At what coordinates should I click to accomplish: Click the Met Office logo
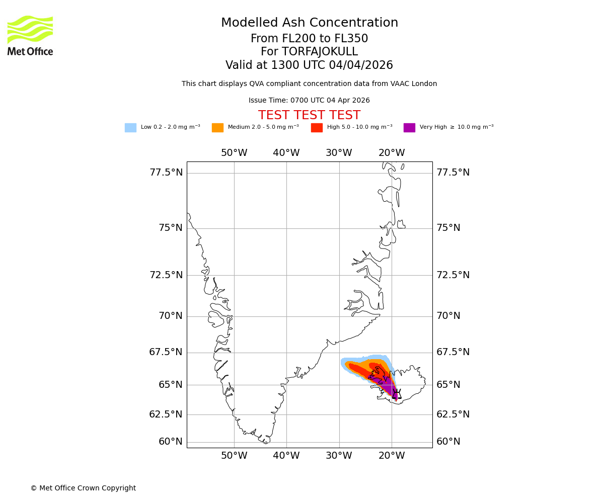pos(30,35)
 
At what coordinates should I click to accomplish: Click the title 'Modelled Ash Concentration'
pos(310,23)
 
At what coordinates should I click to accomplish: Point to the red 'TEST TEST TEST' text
pos(309,115)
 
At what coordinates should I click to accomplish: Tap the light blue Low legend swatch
pos(130,128)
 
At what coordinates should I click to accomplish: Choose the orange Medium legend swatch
pos(217,128)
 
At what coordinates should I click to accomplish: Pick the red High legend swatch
pos(317,128)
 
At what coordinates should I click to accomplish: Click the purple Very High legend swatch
pos(409,128)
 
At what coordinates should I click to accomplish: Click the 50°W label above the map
pos(234,153)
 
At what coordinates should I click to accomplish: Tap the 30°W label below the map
pos(339,456)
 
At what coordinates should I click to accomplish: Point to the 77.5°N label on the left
pos(166,173)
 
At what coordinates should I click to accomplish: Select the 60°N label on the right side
pos(448,442)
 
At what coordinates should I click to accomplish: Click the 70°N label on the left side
pos(171,316)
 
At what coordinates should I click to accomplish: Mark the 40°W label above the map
pos(286,153)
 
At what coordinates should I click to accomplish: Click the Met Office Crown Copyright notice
pos(83,488)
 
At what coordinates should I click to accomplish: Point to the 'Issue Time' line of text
pos(309,100)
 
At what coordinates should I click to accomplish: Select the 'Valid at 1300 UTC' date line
pos(309,65)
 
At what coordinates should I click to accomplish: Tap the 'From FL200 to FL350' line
pos(309,39)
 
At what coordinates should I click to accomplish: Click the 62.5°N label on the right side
pos(453,414)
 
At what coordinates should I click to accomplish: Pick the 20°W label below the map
pos(392,456)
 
